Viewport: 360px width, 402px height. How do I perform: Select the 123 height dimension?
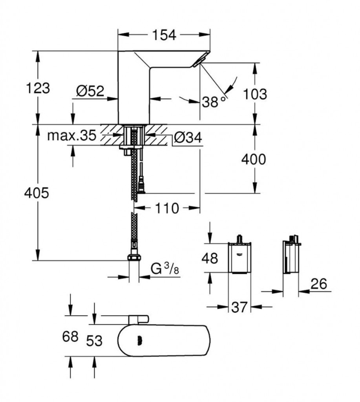click(38, 88)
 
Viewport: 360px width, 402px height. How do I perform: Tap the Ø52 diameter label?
click(90, 91)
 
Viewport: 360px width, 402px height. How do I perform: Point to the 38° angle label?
click(215, 102)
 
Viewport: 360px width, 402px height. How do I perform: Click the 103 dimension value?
click(255, 94)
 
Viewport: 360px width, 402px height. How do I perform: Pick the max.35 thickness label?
click(72, 136)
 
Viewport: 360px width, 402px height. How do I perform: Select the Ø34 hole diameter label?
click(187, 137)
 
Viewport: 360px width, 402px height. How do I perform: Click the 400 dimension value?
click(253, 159)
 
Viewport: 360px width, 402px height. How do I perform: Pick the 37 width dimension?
click(240, 307)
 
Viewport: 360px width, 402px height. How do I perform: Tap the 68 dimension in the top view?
click(70, 337)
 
